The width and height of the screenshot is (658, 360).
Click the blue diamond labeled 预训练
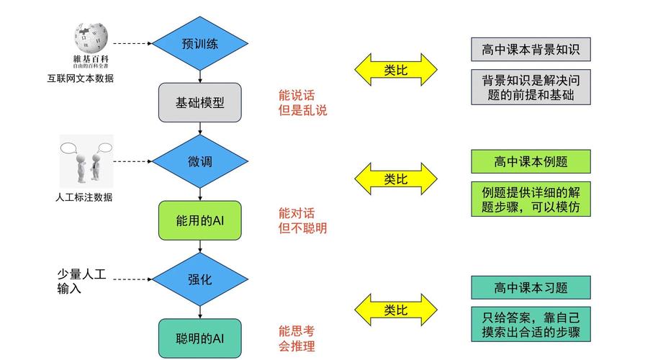(200, 43)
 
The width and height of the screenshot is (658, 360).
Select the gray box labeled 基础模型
(200, 102)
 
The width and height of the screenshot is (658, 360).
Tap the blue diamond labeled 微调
(200, 161)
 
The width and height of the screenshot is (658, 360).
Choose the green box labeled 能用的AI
(200, 220)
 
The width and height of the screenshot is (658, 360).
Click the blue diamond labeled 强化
(200, 279)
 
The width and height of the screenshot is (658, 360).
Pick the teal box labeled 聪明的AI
(200, 338)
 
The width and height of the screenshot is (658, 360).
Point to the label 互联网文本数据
(76, 78)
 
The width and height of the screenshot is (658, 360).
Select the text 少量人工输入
(81, 282)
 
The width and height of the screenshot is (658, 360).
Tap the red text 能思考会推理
(297, 338)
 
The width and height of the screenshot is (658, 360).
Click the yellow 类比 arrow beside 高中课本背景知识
(395, 70)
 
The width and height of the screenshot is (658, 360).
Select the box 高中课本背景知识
(531, 50)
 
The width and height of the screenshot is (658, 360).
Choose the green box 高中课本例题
(531, 161)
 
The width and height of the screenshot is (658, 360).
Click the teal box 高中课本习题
(531, 287)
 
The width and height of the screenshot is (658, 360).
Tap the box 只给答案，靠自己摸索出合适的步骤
(531, 325)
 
